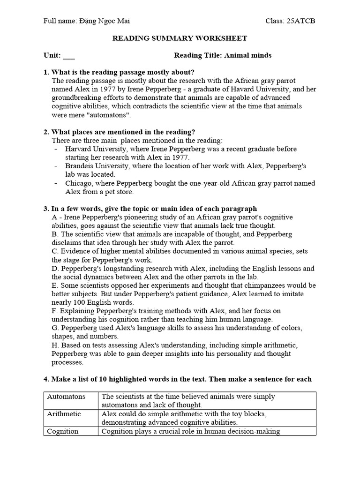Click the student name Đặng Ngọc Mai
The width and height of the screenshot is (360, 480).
click(x=104, y=21)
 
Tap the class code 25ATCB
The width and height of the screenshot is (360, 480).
click(x=304, y=21)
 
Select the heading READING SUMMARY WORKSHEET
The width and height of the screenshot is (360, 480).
click(x=180, y=38)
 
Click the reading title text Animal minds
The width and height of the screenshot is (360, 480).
click(x=248, y=55)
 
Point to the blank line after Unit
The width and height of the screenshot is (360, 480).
click(x=68, y=56)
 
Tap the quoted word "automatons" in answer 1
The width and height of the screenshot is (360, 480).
click(x=111, y=114)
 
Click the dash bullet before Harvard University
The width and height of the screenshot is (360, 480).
click(x=56, y=149)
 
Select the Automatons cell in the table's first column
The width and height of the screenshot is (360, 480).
click(x=66, y=397)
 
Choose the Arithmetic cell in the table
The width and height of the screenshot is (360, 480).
click(x=64, y=414)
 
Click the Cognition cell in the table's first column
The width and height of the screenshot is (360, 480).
click(x=62, y=431)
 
